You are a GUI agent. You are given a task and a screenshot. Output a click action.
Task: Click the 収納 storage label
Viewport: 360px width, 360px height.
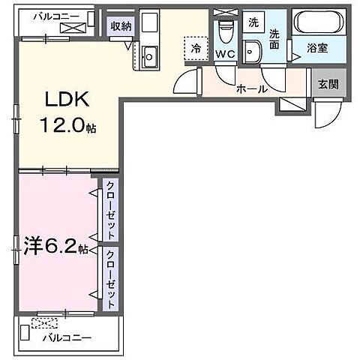121,26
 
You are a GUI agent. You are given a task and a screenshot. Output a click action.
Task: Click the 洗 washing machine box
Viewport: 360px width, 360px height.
254,22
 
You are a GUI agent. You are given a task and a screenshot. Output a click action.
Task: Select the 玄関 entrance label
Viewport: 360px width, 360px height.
327,84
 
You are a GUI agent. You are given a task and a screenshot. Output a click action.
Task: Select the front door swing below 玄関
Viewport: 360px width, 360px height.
325,112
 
